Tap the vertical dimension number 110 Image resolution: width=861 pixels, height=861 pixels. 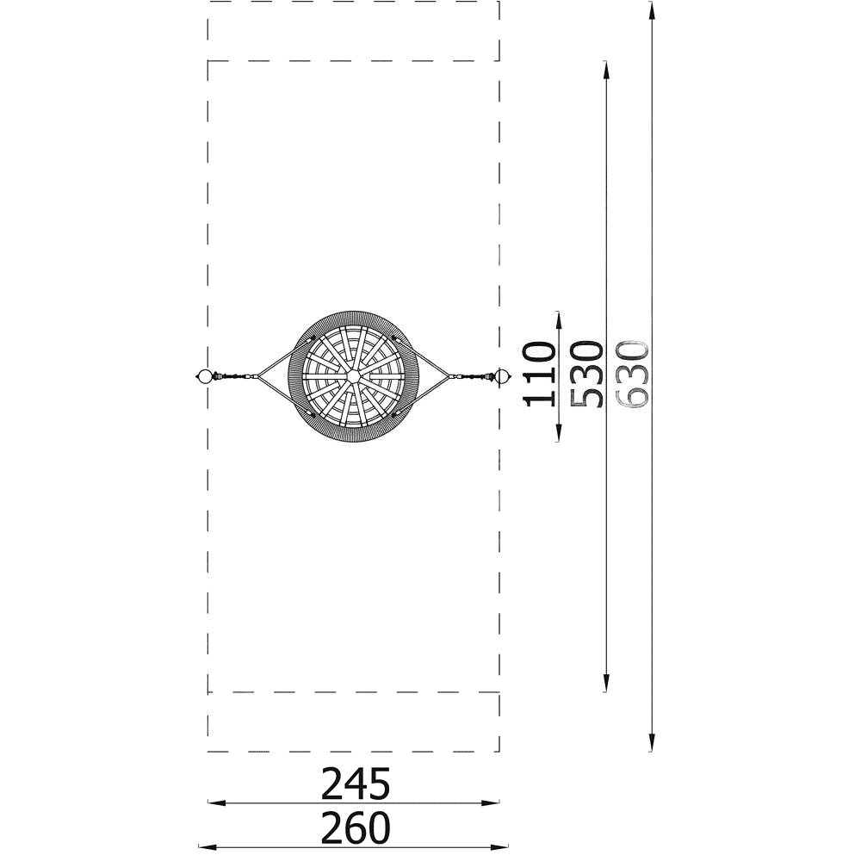[x=538, y=374]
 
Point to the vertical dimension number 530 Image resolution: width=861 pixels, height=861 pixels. [x=586, y=374]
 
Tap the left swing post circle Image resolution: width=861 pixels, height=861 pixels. [x=204, y=376]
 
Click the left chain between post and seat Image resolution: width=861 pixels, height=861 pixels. [x=235, y=376]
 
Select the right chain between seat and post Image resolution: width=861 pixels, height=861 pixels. [x=472, y=377]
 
